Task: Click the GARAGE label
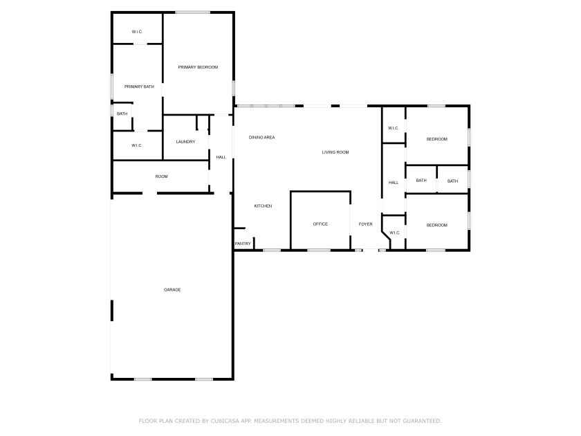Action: [x=172, y=289]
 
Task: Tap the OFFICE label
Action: [x=320, y=224]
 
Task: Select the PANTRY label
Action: [x=243, y=244]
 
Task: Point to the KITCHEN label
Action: [x=263, y=206]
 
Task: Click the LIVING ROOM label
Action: [x=335, y=152]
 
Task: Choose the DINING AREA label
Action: [x=262, y=137]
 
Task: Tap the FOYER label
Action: [x=365, y=224]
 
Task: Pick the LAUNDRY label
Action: [x=185, y=142]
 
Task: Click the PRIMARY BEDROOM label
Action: [x=198, y=67]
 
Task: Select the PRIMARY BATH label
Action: [x=139, y=87]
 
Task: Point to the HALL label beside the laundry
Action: [x=221, y=157]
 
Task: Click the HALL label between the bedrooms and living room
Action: [x=394, y=183]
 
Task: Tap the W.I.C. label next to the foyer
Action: [x=395, y=233]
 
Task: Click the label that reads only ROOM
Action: [x=162, y=176]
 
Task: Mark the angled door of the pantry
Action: [x=250, y=233]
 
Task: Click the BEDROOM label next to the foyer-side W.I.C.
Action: [x=437, y=225]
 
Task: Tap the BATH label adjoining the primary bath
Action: [x=122, y=113]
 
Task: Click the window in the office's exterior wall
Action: [x=319, y=251]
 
